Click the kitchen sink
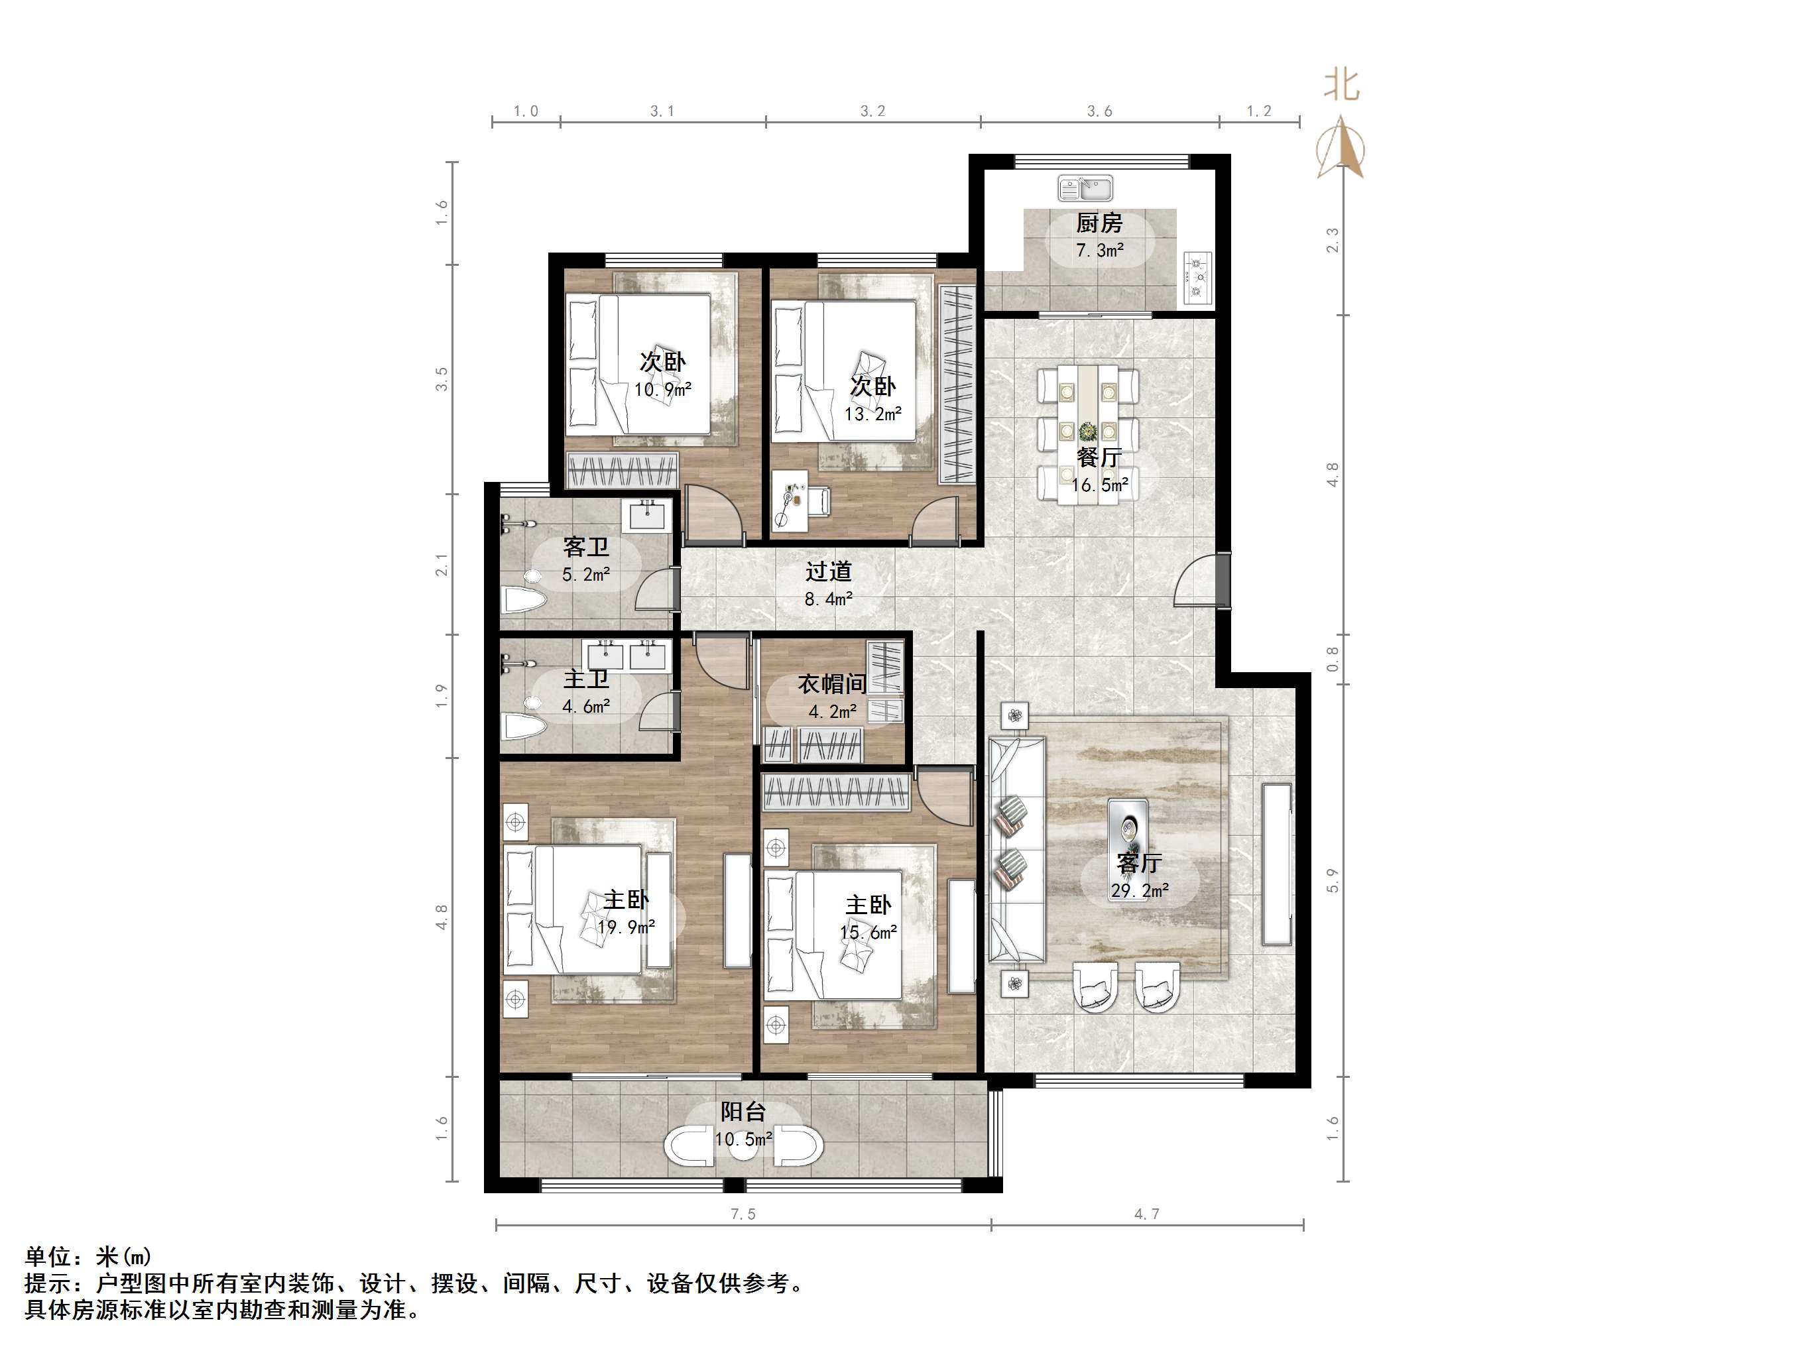tap(1085, 188)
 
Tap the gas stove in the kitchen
tap(1197, 278)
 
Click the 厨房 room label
tap(1099, 223)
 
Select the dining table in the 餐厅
tap(1087, 434)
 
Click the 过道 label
tap(828, 571)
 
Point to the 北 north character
tap(1341, 84)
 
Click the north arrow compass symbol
tap(1341, 146)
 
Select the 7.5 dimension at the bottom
tap(743, 1214)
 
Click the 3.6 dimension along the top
tap(1100, 111)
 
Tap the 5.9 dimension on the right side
tap(1333, 881)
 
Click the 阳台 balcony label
tap(743, 1112)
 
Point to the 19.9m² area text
tap(626, 927)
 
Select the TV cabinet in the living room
tap(1277, 864)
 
